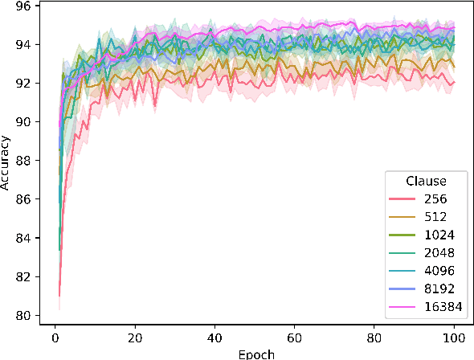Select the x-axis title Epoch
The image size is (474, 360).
(x=254, y=353)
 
